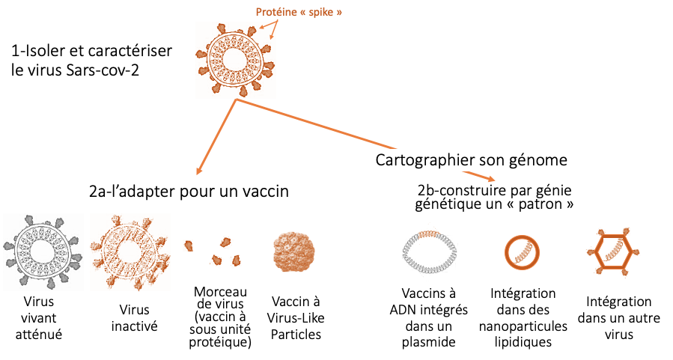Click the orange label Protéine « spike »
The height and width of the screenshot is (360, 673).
[299, 12]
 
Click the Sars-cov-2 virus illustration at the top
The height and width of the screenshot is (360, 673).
[235, 60]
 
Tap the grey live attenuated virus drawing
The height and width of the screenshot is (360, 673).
[43, 251]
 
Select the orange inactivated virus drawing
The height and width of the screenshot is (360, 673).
[130, 251]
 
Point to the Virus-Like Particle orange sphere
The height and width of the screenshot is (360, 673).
[294, 253]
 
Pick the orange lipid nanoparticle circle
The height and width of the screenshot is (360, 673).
[522, 236]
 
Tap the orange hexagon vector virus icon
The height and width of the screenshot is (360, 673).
[613, 236]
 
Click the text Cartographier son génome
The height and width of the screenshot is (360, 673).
[472, 160]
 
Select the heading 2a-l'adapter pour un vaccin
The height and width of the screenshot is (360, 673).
[189, 191]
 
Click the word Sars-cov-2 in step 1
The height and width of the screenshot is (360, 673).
[103, 70]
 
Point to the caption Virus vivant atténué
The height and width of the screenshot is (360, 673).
[39, 318]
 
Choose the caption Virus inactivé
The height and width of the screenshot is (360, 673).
[134, 318]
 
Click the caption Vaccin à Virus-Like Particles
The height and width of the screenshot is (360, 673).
[296, 318]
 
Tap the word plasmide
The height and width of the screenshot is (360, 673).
[429, 342]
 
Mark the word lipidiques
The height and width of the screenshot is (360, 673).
[523, 342]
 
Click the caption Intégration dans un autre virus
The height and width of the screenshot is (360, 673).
[619, 318]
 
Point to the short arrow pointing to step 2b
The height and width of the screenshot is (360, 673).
[478, 177]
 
